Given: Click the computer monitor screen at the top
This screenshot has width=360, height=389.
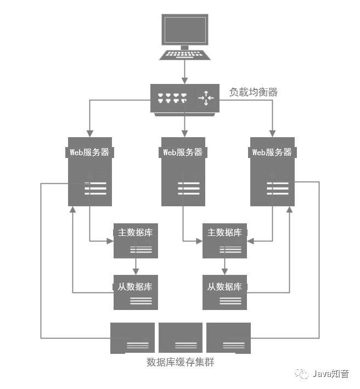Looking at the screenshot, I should click(x=184, y=31).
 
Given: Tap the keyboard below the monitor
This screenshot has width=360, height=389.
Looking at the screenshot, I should click(x=184, y=55).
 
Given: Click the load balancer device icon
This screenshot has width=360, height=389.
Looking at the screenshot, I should click(x=184, y=99).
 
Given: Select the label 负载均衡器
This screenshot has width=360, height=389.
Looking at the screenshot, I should click(x=253, y=92).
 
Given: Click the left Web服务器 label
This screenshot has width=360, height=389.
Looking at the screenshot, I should click(x=91, y=153).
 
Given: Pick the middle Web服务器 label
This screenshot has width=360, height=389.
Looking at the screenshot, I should click(x=183, y=153).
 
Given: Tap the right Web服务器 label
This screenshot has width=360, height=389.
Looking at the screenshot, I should click(x=272, y=153).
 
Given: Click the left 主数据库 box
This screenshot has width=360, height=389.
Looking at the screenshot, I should click(x=136, y=240).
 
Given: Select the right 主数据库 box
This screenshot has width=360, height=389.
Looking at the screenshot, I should click(x=224, y=240).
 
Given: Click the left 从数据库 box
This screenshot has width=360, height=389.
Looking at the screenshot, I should click(x=136, y=292).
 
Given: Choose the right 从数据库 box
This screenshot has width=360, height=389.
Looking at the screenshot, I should click(x=224, y=292).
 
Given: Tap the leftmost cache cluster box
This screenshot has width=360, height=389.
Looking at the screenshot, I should click(x=133, y=337).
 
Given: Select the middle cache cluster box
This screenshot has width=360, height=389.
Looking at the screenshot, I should click(x=181, y=337).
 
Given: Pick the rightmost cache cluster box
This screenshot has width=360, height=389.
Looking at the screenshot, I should click(x=228, y=337).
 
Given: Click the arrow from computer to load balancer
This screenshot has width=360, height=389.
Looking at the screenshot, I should click(x=184, y=71).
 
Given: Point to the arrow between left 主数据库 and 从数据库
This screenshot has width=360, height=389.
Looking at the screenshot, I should click(x=136, y=267).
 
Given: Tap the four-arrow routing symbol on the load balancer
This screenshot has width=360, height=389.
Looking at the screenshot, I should click(x=206, y=99).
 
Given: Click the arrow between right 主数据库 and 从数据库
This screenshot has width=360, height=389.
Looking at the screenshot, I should click(x=224, y=267).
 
